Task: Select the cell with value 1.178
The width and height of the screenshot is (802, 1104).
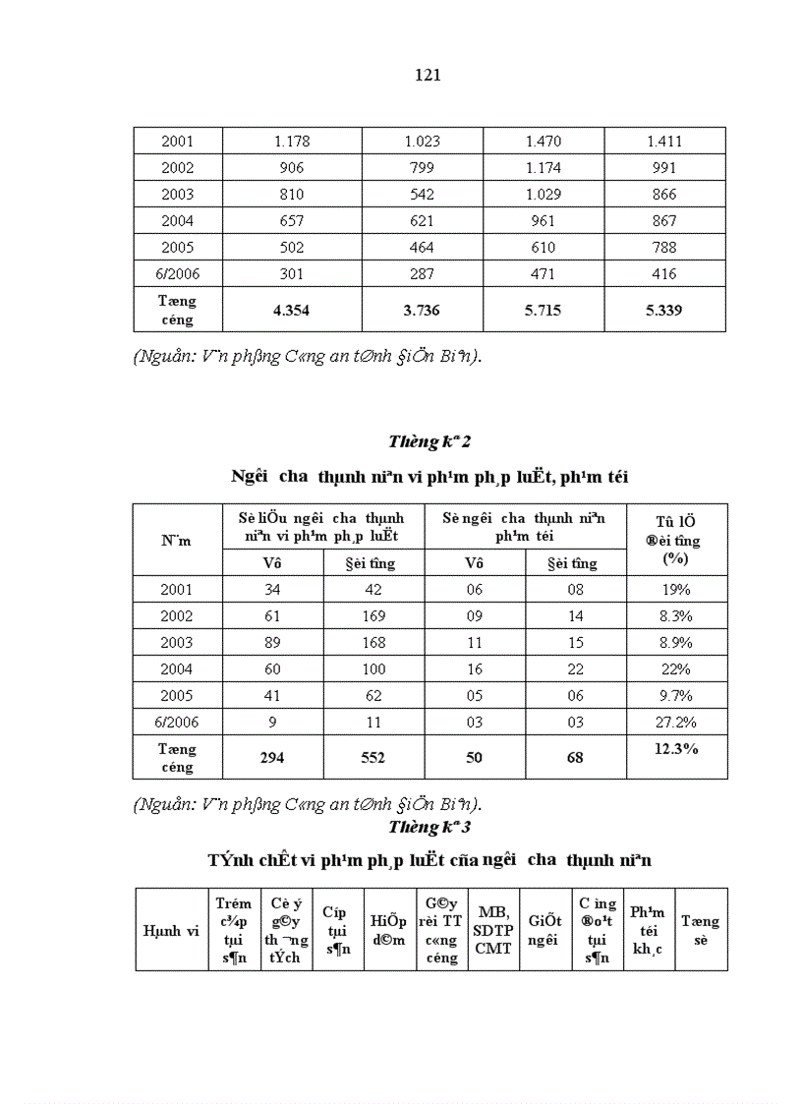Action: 292,142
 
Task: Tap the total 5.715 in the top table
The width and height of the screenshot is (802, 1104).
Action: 544,311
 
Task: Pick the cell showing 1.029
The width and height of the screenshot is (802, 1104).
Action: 544,195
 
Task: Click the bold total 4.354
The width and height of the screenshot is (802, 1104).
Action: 292,311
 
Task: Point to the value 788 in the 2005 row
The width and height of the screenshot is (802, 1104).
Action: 664,248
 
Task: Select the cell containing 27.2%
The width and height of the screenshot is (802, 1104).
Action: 676,723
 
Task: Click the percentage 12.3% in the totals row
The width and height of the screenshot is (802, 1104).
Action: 676,749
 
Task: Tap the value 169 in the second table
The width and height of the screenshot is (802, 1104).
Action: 373,616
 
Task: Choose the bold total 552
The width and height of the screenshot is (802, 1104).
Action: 373,758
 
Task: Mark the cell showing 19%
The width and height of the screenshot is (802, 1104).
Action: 676,590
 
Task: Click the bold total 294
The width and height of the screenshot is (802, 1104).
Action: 272,758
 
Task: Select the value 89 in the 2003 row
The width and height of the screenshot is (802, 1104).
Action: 272,643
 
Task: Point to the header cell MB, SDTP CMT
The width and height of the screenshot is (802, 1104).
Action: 493,929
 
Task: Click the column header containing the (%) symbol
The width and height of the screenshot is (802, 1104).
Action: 676,539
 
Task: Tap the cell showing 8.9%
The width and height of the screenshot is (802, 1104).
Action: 676,643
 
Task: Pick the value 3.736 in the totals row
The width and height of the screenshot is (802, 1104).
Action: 422,311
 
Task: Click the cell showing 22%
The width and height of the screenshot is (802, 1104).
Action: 676,669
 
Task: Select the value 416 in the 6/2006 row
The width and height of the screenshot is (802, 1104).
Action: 664,274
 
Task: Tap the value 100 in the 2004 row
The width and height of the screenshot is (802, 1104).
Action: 373,669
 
